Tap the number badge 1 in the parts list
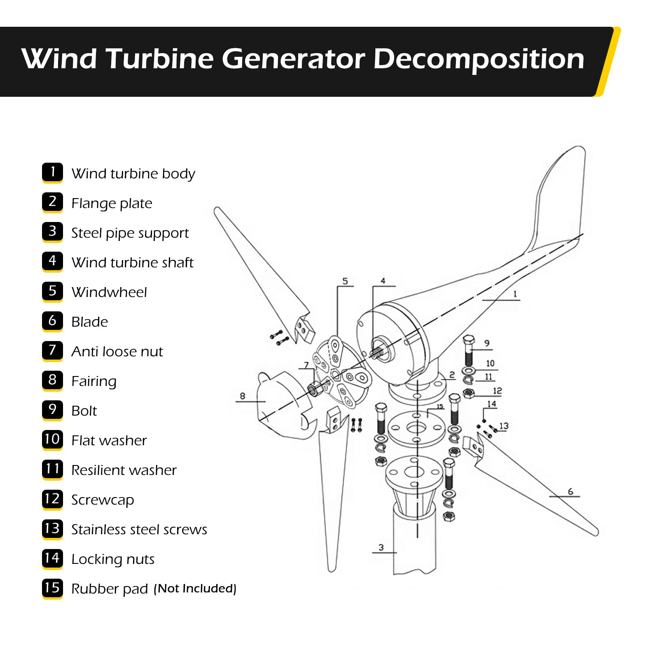52,172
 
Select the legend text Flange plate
112,203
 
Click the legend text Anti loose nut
117,352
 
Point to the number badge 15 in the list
52,588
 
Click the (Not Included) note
195,589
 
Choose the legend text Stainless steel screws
139,530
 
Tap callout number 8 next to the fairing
243,396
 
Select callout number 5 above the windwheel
345,281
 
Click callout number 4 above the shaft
383,281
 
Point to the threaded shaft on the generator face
377,353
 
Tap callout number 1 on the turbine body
515,294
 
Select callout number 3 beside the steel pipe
381,547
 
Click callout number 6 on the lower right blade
570,491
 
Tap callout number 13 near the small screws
504,426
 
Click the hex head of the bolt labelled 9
469,340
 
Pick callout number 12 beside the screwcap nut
497,390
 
